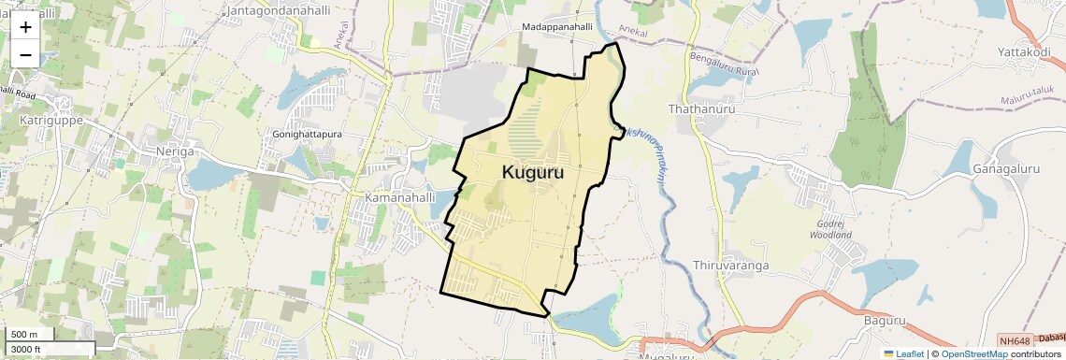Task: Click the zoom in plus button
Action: (x=25, y=27)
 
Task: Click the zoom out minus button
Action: (x=25, y=55)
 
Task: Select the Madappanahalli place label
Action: (x=557, y=28)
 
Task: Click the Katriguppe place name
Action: (x=51, y=121)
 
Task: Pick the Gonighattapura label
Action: (x=308, y=135)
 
